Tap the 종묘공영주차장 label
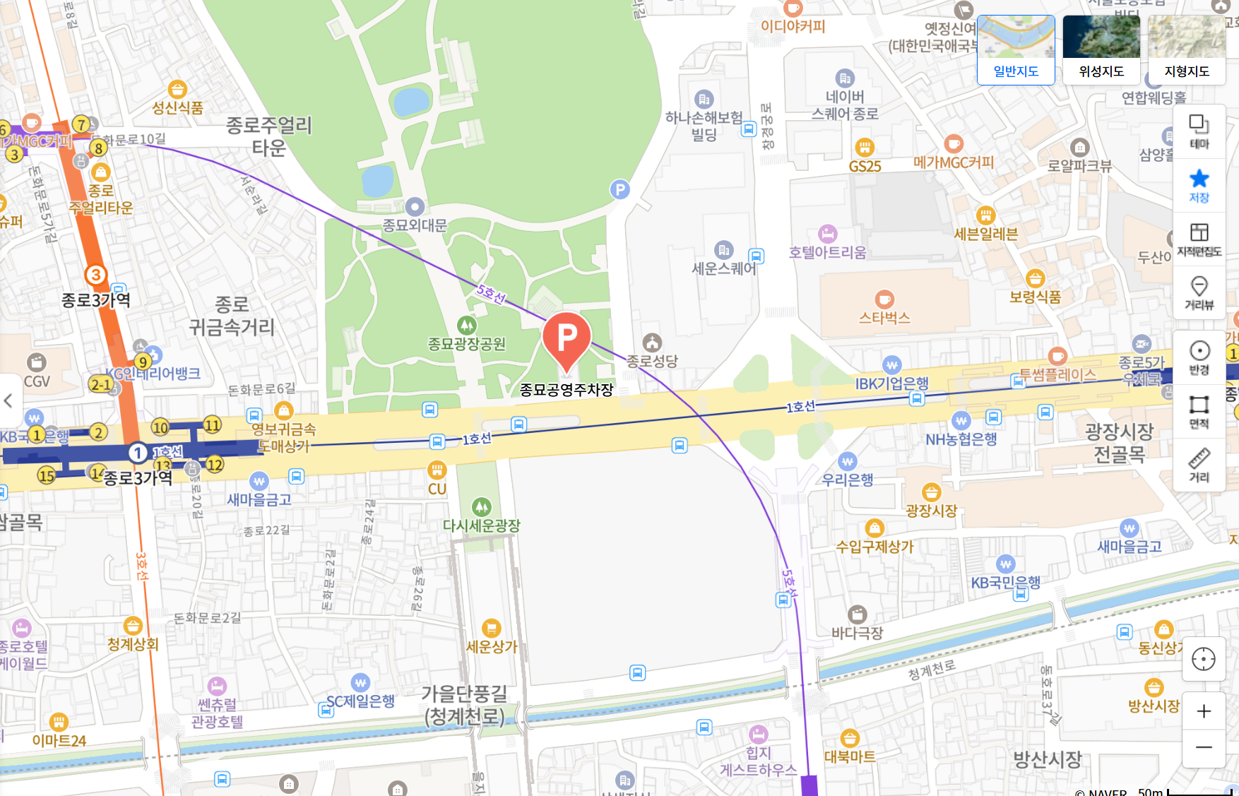[x=567, y=390]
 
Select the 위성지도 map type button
[x=1101, y=49]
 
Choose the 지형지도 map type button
[x=1187, y=49]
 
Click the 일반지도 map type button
[x=1016, y=49]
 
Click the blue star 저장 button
[x=1199, y=185]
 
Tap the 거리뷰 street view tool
[x=1199, y=292]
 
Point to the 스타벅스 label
[x=884, y=319]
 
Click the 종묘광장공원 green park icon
[x=466, y=326]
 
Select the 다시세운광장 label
[x=482, y=526]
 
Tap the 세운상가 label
[x=492, y=647]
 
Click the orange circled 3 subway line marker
[x=95, y=275]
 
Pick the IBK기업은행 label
[x=892, y=384]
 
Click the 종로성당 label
[x=652, y=361]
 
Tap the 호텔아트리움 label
[x=827, y=253]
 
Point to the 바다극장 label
[x=858, y=634]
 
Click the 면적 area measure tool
[x=1199, y=411]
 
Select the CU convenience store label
[x=437, y=489]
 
